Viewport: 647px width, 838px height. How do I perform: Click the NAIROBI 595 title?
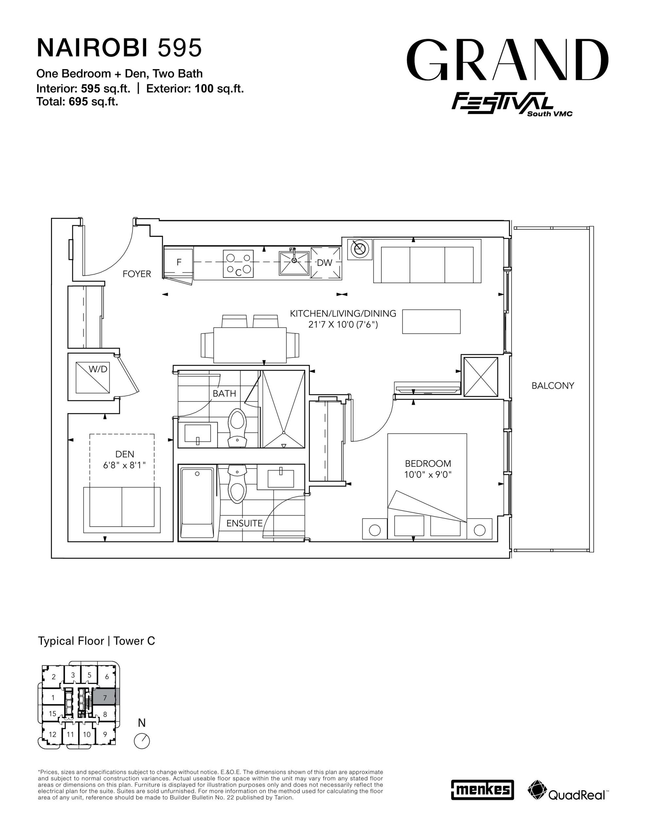(119, 48)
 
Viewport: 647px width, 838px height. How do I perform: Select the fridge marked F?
(178, 263)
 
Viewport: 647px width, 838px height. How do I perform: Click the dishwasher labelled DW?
(325, 263)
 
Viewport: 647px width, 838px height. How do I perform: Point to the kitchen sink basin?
(294, 263)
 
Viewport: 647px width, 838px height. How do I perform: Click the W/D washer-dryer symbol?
(93, 377)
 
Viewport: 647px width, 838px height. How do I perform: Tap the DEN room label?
(125, 454)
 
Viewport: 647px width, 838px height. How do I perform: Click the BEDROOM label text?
(428, 464)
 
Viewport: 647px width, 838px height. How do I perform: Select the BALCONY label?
(553, 386)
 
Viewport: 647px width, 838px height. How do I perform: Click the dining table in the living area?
(250, 345)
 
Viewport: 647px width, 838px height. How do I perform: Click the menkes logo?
(482, 790)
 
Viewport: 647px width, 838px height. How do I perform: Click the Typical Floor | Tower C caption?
(96, 641)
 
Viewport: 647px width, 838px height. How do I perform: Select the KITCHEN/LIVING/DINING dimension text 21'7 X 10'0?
(343, 325)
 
